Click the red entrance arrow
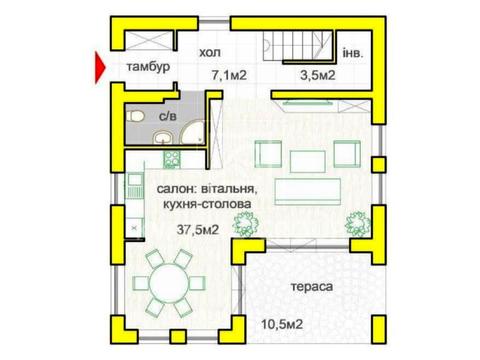98,68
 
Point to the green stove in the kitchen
171,157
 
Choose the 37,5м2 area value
199,230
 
